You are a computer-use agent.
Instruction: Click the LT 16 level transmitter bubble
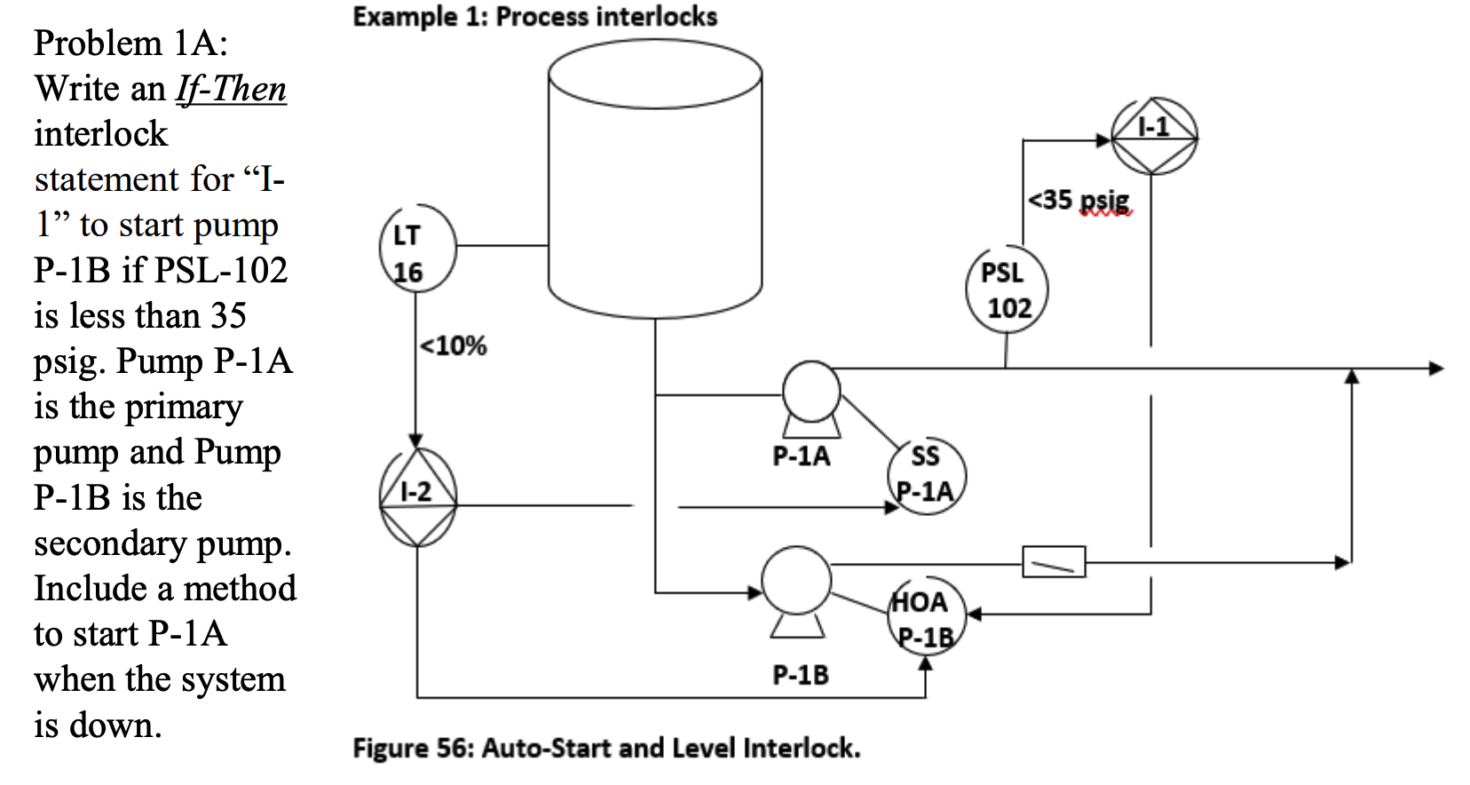[416, 250]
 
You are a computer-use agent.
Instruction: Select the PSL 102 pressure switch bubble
[1007, 289]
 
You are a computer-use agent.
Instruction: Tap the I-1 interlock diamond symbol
[1153, 137]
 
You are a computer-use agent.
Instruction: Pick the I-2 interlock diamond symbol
[417, 498]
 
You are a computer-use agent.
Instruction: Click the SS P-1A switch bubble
[926, 476]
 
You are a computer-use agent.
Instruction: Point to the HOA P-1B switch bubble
[925, 618]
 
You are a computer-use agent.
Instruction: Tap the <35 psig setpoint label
[1079, 200]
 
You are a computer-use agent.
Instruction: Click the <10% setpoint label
[453, 345]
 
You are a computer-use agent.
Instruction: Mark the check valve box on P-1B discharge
[1054, 562]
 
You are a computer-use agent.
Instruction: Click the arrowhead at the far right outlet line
[1435, 368]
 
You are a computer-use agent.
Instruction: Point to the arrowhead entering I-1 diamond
[1103, 139]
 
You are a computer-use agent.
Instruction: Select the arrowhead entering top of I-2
[415, 440]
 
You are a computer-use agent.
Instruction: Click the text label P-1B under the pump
[800, 675]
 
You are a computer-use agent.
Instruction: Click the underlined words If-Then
[231, 89]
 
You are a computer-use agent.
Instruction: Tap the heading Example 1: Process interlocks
[534, 17]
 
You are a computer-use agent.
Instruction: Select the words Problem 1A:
[130, 43]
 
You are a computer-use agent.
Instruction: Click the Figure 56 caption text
[606, 748]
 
